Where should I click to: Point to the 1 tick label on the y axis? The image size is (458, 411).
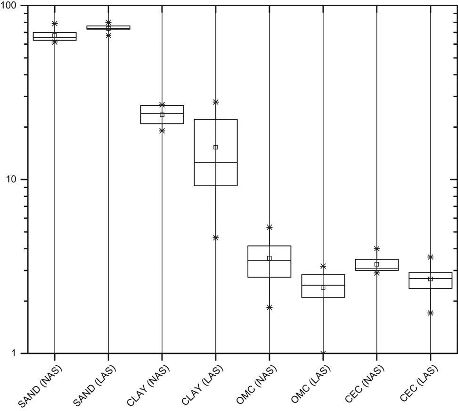[14, 353]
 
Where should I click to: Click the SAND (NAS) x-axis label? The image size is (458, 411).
[41, 386]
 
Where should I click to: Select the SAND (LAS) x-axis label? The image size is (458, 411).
[94, 386]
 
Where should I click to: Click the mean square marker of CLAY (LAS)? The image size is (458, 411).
[216, 147]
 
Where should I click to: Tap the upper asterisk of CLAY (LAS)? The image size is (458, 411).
[216, 102]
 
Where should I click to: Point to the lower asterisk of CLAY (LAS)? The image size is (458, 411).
[216, 238]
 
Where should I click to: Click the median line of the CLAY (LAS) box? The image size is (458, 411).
[216, 163]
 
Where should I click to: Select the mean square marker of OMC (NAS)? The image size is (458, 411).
[270, 258]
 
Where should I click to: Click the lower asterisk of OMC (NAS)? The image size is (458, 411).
[270, 307]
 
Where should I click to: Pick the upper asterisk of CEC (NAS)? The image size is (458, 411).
[377, 248]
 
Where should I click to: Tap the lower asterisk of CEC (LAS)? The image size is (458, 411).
[431, 313]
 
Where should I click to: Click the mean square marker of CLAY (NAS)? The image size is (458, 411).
[162, 115]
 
